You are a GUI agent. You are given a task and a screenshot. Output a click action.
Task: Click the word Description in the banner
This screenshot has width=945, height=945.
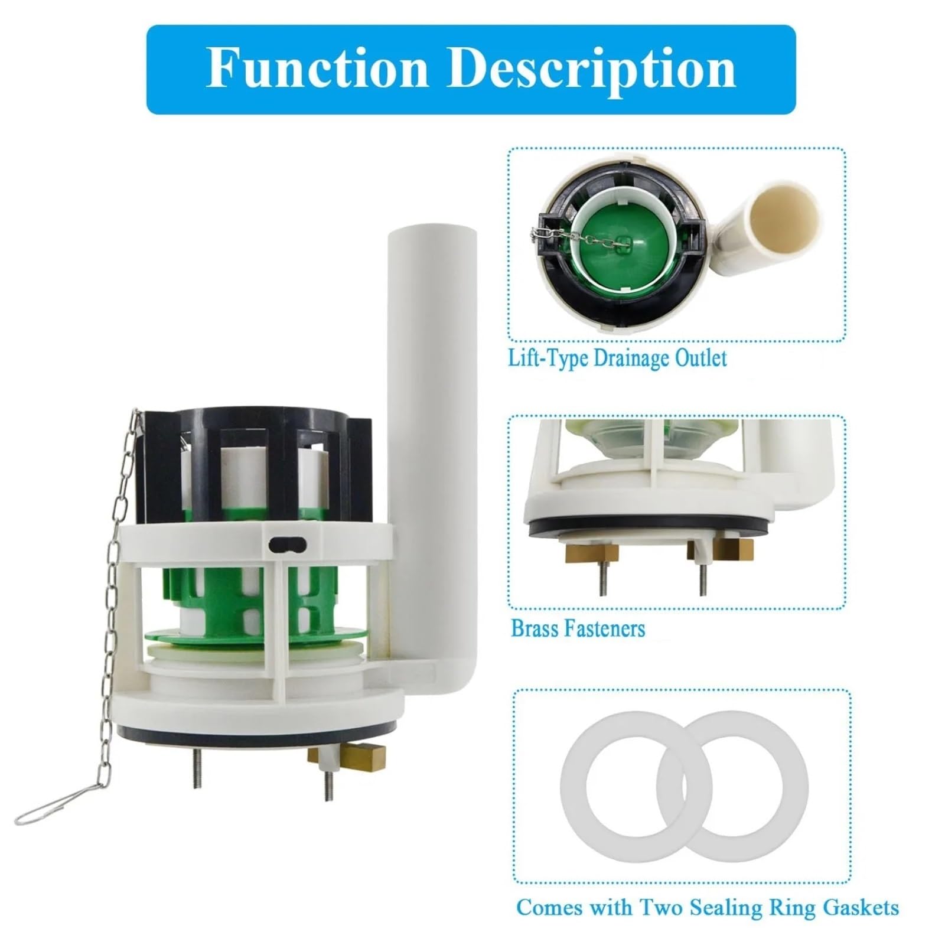click(592, 70)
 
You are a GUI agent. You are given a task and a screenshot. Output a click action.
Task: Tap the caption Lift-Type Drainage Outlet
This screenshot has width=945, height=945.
click(617, 359)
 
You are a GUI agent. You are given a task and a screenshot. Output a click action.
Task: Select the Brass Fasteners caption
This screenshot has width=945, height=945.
click(578, 628)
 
